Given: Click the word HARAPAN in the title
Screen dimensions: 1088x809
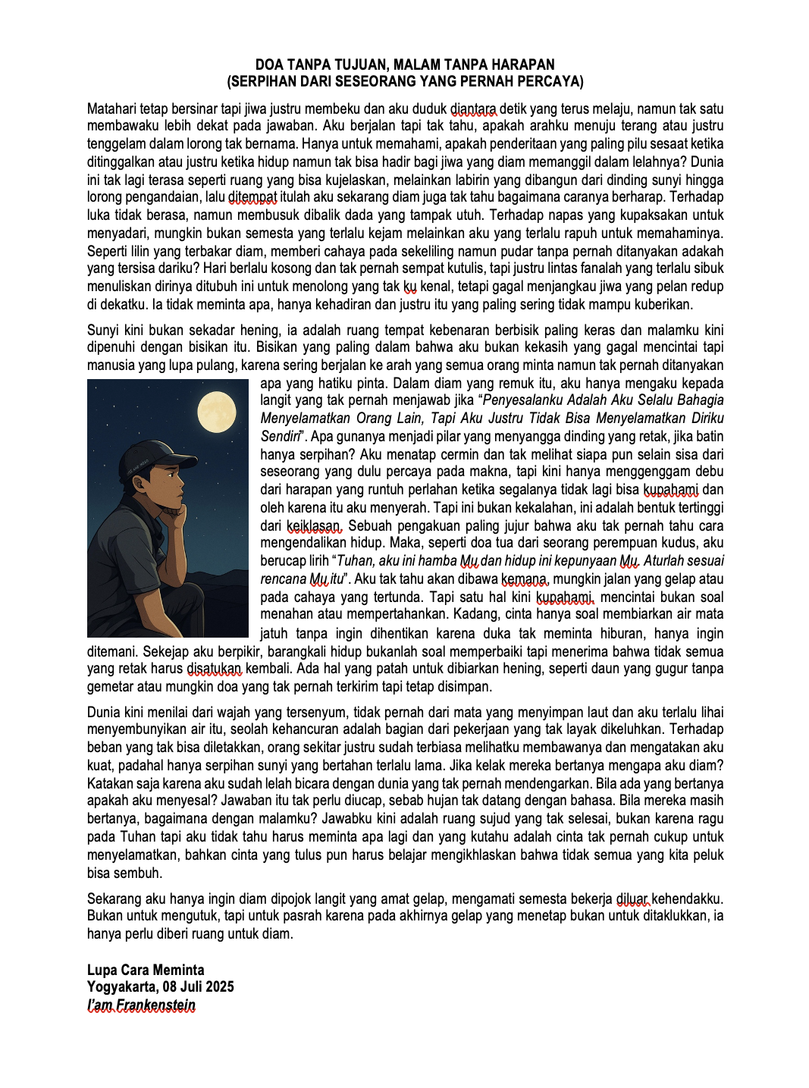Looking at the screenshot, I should click(x=527, y=64).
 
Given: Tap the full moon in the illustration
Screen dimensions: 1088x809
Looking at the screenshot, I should click(x=217, y=412).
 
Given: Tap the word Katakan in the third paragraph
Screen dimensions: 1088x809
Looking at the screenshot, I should click(x=111, y=783).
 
